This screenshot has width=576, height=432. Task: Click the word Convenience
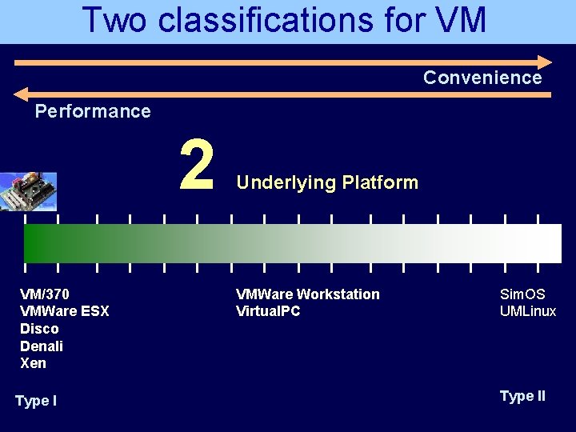coord(482,78)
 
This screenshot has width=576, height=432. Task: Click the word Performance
coord(93,111)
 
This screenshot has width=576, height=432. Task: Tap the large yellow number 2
coord(197,165)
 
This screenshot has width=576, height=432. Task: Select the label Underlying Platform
coord(326,182)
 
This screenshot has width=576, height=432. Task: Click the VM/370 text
coord(46,294)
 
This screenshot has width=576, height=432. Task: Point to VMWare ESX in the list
coord(64,311)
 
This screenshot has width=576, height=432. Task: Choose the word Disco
coord(39,329)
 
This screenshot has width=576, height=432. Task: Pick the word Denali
coord(42,346)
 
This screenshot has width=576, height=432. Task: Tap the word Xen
coord(33,363)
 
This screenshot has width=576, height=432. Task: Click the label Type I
coord(36,401)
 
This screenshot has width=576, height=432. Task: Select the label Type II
coord(522,396)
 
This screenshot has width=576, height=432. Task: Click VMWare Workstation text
coord(307,294)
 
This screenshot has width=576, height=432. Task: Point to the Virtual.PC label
coord(268,311)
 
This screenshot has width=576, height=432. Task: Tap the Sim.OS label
coord(522,294)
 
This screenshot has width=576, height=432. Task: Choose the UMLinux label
coord(528,311)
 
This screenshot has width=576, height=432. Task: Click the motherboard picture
coord(28,191)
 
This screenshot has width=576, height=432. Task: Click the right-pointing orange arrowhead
coord(544,61)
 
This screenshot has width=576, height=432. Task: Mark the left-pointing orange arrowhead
coord(22,94)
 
